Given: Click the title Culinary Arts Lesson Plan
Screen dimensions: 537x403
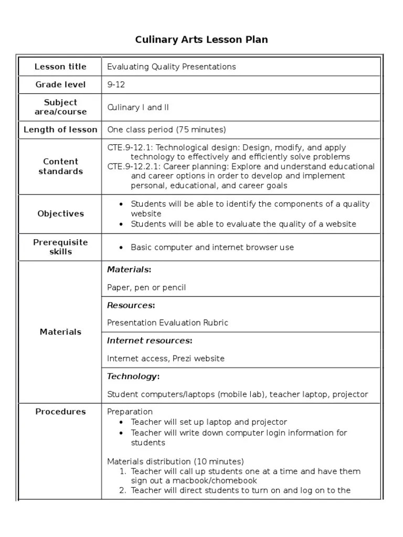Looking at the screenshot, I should (201, 40).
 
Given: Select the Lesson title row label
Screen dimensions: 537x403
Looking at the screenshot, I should (60, 67).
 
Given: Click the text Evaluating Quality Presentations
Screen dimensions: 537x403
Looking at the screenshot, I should (172, 67).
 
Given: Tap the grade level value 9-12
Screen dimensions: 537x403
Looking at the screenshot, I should (116, 84).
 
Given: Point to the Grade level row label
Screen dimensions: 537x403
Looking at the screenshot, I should (60, 84).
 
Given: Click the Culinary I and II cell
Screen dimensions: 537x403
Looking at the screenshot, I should (138, 108).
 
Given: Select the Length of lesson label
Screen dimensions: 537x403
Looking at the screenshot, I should (60, 130).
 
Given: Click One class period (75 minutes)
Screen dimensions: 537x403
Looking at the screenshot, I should (166, 130).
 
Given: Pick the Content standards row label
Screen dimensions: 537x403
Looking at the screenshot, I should (60, 166).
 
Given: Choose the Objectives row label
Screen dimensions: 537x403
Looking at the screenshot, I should (60, 213).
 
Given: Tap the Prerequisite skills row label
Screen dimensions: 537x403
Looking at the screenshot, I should (60, 247).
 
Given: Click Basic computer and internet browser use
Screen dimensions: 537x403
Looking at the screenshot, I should (212, 248).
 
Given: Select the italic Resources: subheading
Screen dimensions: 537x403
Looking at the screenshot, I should (131, 305).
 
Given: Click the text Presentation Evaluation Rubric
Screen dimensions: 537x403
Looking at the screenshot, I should (167, 323).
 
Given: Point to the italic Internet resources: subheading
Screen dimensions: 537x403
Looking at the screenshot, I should (150, 341).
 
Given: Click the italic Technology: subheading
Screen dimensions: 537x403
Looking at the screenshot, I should (133, 377).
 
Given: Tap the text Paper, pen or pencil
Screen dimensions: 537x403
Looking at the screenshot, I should (146, 287).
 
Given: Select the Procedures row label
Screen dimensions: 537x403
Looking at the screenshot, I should (60, 412).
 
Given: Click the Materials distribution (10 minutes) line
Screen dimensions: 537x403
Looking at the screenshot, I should (175, 461).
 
